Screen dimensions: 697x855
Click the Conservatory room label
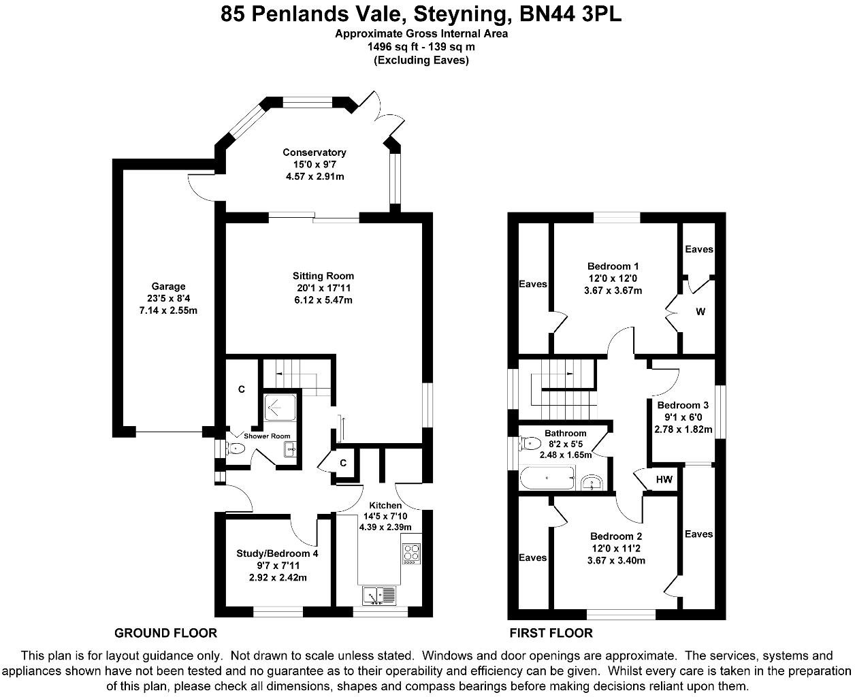pyautogui.click(x=314, y=152)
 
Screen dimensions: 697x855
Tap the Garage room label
pyautogui.click(x=168, y=287)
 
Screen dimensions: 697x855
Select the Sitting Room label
pyautogui.click(x=323, y=276)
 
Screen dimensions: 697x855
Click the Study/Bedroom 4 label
pyautogui.click(x=277, y=553)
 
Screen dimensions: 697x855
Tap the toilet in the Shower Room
pyautogui.click(x=235, y=448)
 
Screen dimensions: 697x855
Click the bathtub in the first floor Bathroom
pyautogui.click(x=547, y=478)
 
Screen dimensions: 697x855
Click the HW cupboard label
pyautogui.click(x=664, y=479)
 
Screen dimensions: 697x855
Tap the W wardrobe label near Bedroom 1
pyautogui.click(x=700, y=312)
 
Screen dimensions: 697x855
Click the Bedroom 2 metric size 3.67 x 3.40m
pyautogui.click(x=616, y=560)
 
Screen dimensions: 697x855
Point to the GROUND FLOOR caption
pyautogui.click(x=165, y=633)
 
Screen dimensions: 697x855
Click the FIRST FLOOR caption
pyautogui.click(x=551, y=633)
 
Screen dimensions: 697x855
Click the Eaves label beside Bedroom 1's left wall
pyautogui.click(x=532, y=284)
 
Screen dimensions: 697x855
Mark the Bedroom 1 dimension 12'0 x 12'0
pyautogui.click(x=613, y=278)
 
